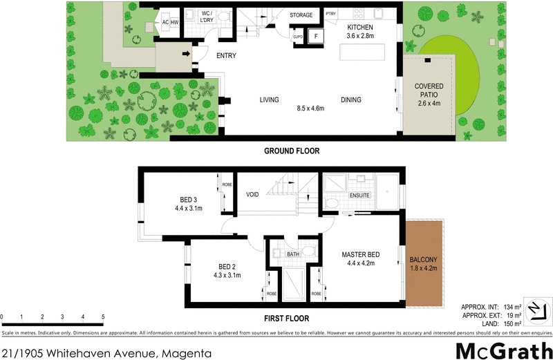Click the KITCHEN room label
360,26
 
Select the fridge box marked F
316,36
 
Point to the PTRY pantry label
330,14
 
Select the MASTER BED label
359,254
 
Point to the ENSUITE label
359,196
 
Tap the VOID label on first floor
252,195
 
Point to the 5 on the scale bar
103,317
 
